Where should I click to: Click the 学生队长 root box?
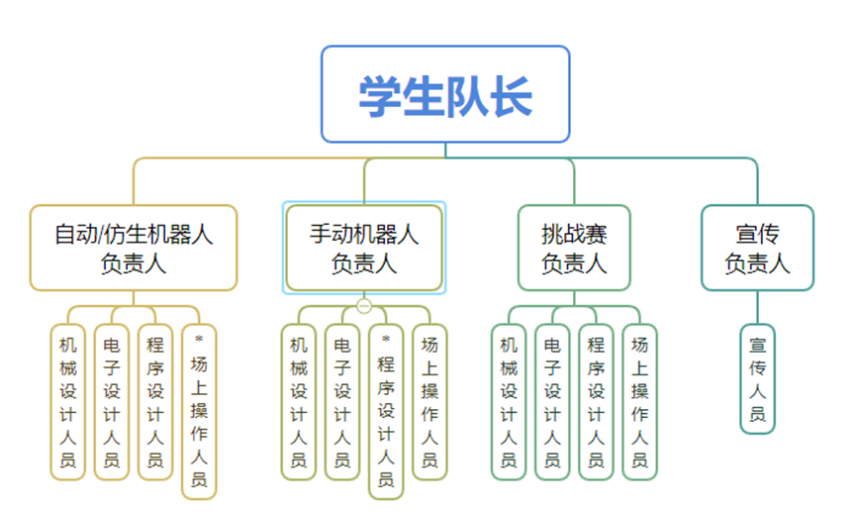coord(445,94)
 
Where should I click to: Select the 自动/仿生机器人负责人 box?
coord(134,248)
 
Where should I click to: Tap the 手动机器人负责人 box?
coord(364,248)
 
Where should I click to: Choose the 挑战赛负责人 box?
coord(574,248)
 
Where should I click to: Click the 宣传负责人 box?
coord(757,248)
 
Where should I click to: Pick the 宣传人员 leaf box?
coord(757,379)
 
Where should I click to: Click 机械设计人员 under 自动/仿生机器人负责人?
coord(67,402)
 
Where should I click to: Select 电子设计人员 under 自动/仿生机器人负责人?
coord(111,402)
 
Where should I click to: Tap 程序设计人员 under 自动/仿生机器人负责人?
coord(154,402)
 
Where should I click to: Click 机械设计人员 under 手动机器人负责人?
coord(298,402)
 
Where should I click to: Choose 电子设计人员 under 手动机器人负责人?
coord(341,402)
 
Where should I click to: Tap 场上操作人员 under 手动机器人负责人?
coord(429,402)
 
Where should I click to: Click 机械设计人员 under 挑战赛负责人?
coord(509,402)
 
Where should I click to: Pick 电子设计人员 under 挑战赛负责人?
coord(552,402)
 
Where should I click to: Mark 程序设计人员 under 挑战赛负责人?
coord(596,402)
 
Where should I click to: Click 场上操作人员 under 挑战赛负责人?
coord(639,402)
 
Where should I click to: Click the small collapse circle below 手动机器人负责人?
coord(364,305)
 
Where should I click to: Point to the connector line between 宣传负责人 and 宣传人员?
coord(757,308)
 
